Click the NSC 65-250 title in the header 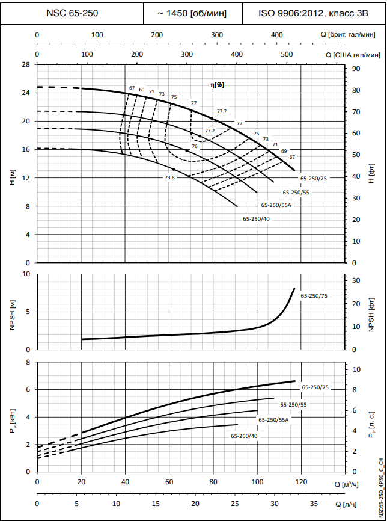[x=72, y=13]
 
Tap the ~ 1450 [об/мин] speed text [x=193, y=13]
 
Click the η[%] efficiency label [x=217, y=85]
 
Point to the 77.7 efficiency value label [x=222, y=111]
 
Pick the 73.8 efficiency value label [x=169, y=177]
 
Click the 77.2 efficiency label [x=210, y=131]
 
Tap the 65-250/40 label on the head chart [x=257, y=219]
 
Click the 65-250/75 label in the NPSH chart [x=314, y=296]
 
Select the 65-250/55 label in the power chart [x=294, y=405]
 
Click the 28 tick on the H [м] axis [x=26, y=64]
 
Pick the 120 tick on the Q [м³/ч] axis [x=302, y=482]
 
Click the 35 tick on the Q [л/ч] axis [x=314, y=504]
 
